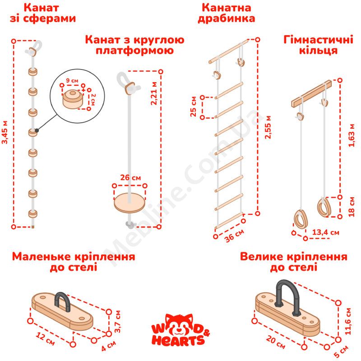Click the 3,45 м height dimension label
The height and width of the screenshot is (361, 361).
pyautogui.click(x=5, y=132)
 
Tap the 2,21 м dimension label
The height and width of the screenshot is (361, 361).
pyautogui.click(x=154, y=93)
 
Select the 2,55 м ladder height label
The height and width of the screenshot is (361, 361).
pyautogui.click(x=268, y=127)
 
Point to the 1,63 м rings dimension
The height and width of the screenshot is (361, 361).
pyautogui.click(x=352, y=135)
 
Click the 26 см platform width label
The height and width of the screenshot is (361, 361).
pyautogui.click(x=130, y=177)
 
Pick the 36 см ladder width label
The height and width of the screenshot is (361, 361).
pyautogui.click(x=234, y=236)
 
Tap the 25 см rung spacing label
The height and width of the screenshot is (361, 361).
pyautogui.click(x=193, y=106)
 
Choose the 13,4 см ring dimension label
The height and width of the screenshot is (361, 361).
pyautogui.click(x=325, y=232)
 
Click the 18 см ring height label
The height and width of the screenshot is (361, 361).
pyautogui.click(x=352, y=207)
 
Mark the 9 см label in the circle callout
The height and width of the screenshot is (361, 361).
pyautogui.click(x=72, y=81)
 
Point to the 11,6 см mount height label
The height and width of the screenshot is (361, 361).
pyautogui.click(x=347, y=321)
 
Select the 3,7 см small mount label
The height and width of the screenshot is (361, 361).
pyautogui.click(x=117, y=321)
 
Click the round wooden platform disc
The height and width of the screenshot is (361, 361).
pyautogui.click(x=130, y=203)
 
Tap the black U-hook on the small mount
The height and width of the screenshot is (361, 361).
pyautogui.click(x=62, y=301)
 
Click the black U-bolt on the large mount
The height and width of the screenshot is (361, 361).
pyautogui.click(x=287, y=297)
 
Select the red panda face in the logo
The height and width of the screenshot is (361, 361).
pyautogui.click(x=179, y=324)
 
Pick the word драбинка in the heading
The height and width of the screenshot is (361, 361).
pyautogui.click(x=227, y=19)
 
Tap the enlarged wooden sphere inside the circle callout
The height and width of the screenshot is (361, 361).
pyautogui.click(x=72, y=99)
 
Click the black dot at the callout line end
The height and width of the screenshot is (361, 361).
pyautogui.click(x=37, y=130)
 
